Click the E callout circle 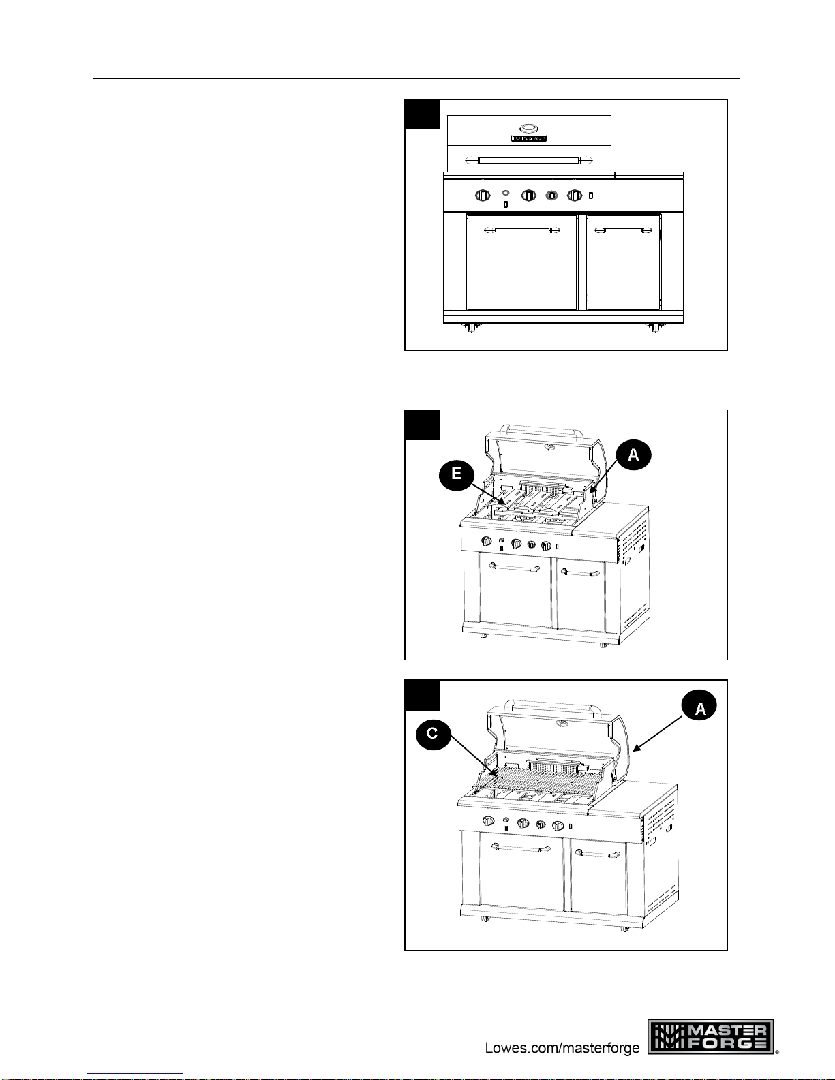pyautogui.click(x=456, y=473)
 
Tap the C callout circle pyautogui.click(x=433, y=733)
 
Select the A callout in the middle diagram pyautogui.click(x=633, y=454)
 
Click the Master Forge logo pyautogui.click(x=711, y=1036)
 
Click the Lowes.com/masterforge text pyautogui.click(x=562, y=1047)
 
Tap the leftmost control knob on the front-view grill pyautogui.click(x=483, y=196)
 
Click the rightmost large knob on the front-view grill pyautogui.click(x=575, y=196)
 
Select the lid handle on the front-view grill pyautogui.click(x=529, y=160)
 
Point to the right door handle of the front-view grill pyautogui.click(x=623, y=230)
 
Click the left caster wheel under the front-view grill pyautogui.click(x=471, y=327)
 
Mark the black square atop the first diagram pyautogui.click(x=422, y=114)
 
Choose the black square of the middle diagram pyautogui.click(x=422, y=425)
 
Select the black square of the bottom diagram pyautogui.click(x=422, y=695)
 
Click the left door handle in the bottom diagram pyautogui.click(x=520, y=848)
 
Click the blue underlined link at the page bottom pyautogui.click(x=135, y=1073)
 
